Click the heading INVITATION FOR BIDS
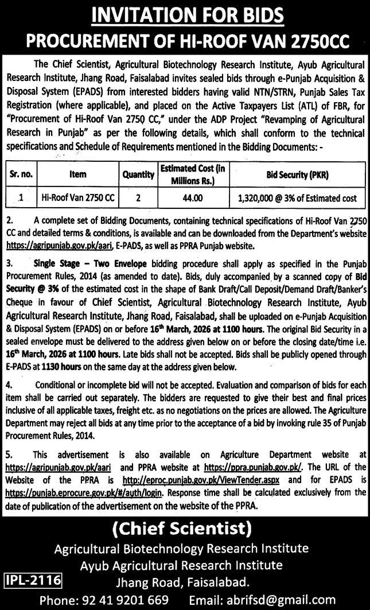pos(185,14)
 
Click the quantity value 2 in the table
pos(138,198)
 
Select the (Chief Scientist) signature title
pos(185,527)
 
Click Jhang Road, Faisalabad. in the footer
pos(182,582)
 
